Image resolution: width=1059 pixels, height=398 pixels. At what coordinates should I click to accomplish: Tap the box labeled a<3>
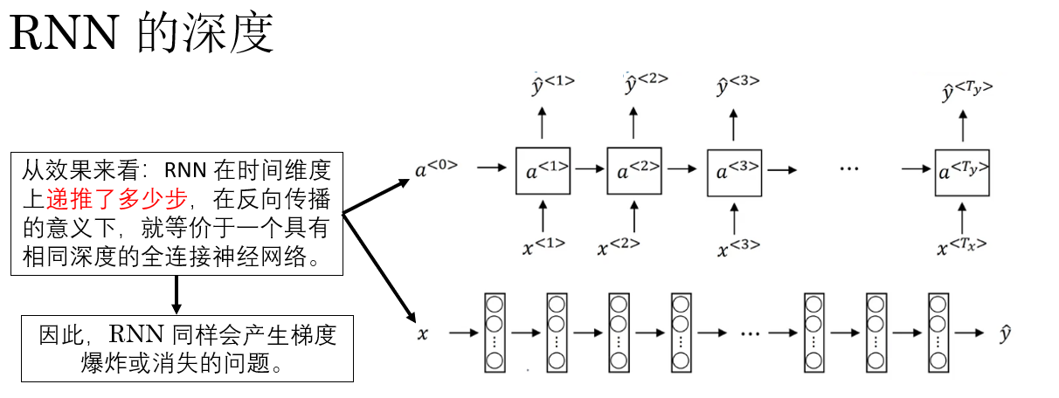coord(734,171)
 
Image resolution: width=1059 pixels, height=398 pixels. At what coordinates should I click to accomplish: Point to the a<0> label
coord(436,168)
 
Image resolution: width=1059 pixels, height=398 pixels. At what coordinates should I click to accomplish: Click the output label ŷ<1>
coord(552,85)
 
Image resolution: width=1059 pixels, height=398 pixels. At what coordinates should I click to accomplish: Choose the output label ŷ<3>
coord(737,85)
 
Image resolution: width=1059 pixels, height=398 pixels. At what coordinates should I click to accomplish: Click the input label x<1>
coord(543,245)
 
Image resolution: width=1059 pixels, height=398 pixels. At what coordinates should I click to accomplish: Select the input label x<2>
coord(619,247)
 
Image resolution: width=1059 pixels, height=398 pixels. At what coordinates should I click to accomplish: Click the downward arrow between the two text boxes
coord(176,294)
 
